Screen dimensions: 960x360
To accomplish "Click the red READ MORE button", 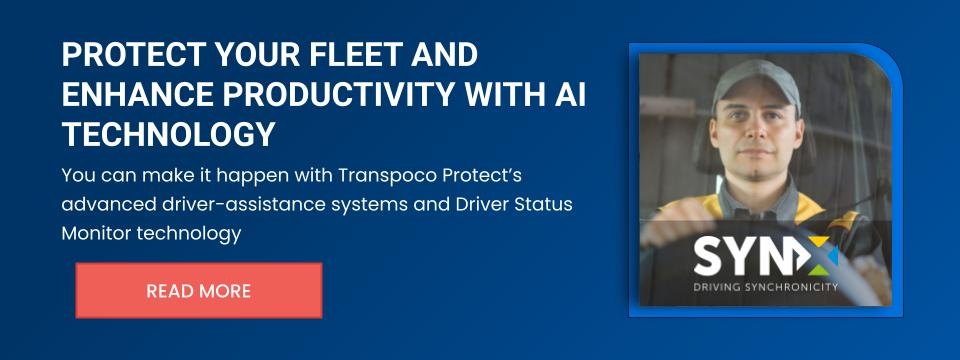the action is (x=199, y=290).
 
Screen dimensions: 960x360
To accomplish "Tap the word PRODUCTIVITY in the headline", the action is (x=339, y=95).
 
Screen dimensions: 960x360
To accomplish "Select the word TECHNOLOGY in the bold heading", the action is (x=168, y=134).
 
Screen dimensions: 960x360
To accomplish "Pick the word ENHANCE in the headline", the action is (x=138, y=95).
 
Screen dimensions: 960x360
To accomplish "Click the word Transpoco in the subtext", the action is (x=388, y=176).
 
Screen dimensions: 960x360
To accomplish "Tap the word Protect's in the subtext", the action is (x=483, y=175).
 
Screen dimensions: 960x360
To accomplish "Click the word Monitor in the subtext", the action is (x=97, y=233).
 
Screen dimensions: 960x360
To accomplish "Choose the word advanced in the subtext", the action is (x=108, y=204).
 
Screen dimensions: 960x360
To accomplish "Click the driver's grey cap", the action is (x=757, y=81).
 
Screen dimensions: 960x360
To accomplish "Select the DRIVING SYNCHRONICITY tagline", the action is (x=765, y=287).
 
